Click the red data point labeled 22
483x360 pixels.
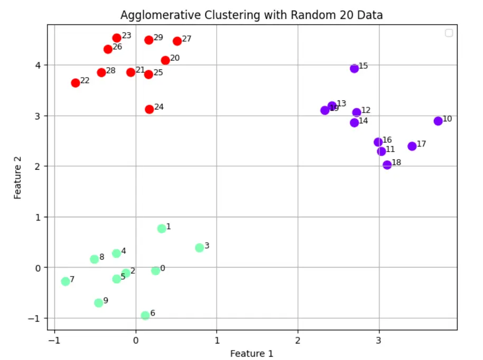(x=76, y=82)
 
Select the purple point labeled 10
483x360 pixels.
(x=438, y=121)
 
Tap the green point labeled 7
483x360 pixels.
(x=66, y=281)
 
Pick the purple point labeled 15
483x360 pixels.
(x=354, y=68)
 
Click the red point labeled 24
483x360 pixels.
(x=149, y=109)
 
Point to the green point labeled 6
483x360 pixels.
(x=145, y=316)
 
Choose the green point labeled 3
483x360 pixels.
(x=199, y=247)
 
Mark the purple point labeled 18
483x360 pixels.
(x=387, y=165)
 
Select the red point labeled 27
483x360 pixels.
(x=177, y=41)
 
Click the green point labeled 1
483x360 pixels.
(x=162, y=228)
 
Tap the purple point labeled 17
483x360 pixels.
(x=412, y=146)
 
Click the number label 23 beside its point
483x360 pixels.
(x=126, y=35)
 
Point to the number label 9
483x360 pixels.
(x=106, y=300)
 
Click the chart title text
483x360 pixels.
(x=252, y=15)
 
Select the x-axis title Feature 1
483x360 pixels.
(x=252, y=353)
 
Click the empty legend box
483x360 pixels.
(x=449, y=33)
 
